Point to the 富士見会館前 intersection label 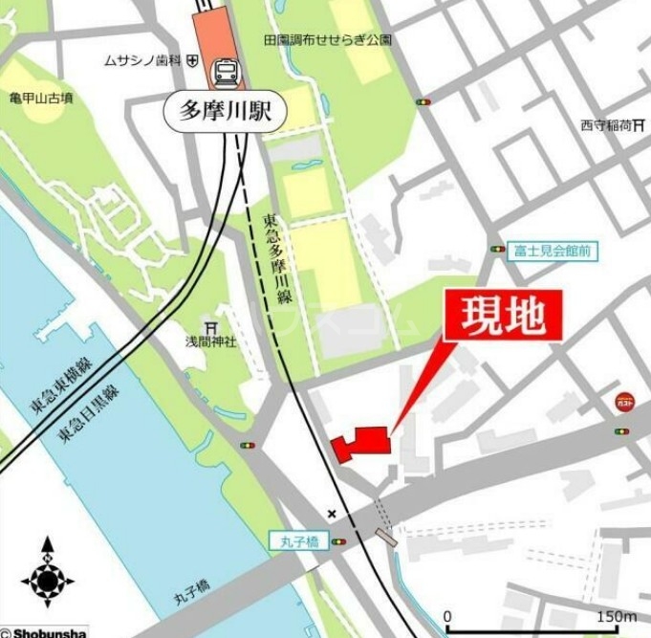click(551, 250)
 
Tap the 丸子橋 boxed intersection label click(298, 542)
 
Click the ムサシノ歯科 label click(144, 61)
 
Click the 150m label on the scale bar click(617, 616)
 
